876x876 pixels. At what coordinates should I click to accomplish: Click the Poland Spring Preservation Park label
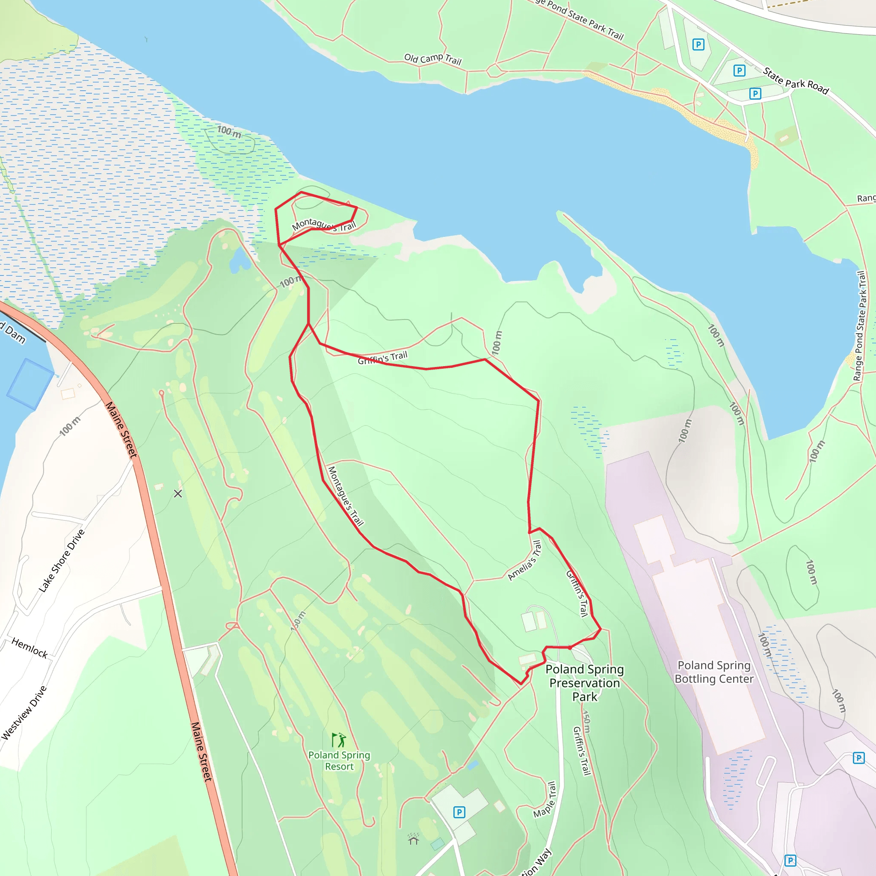(584, 683)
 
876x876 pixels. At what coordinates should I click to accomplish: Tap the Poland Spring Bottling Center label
(714, 672)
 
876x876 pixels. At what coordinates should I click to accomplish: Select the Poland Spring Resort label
(339, 761)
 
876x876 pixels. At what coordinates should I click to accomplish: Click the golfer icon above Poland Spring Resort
(338, 740)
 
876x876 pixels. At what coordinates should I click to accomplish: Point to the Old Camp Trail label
(432, 59)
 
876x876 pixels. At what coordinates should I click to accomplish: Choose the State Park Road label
(796, 81)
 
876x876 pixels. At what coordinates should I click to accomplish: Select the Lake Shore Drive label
(62, 560)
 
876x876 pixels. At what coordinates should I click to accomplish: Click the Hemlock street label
(30, 648)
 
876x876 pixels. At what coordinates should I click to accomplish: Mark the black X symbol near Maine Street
(178, 494)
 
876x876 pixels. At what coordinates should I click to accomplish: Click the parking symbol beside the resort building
(459, 812)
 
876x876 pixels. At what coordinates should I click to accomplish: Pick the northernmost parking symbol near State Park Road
(698, 44)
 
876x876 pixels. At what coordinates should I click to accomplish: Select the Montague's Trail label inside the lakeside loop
(324, 225)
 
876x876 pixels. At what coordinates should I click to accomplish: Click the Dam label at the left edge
(14, 334)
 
